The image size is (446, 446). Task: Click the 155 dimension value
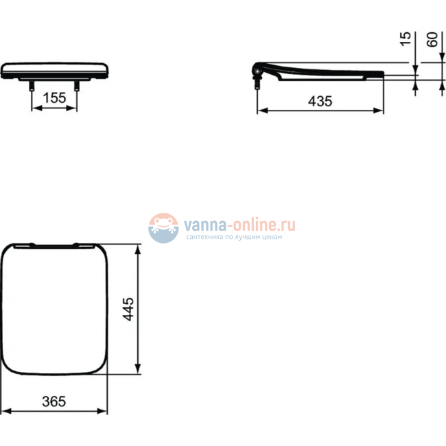click(54, 98)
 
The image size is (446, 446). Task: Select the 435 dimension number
click(320, 101)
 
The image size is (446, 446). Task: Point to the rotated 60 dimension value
click(432, 39)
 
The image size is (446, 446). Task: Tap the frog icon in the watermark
click(163, 227)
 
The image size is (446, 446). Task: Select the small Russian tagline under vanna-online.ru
click(234, 237)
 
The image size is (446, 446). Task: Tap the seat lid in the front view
click(54, 69)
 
